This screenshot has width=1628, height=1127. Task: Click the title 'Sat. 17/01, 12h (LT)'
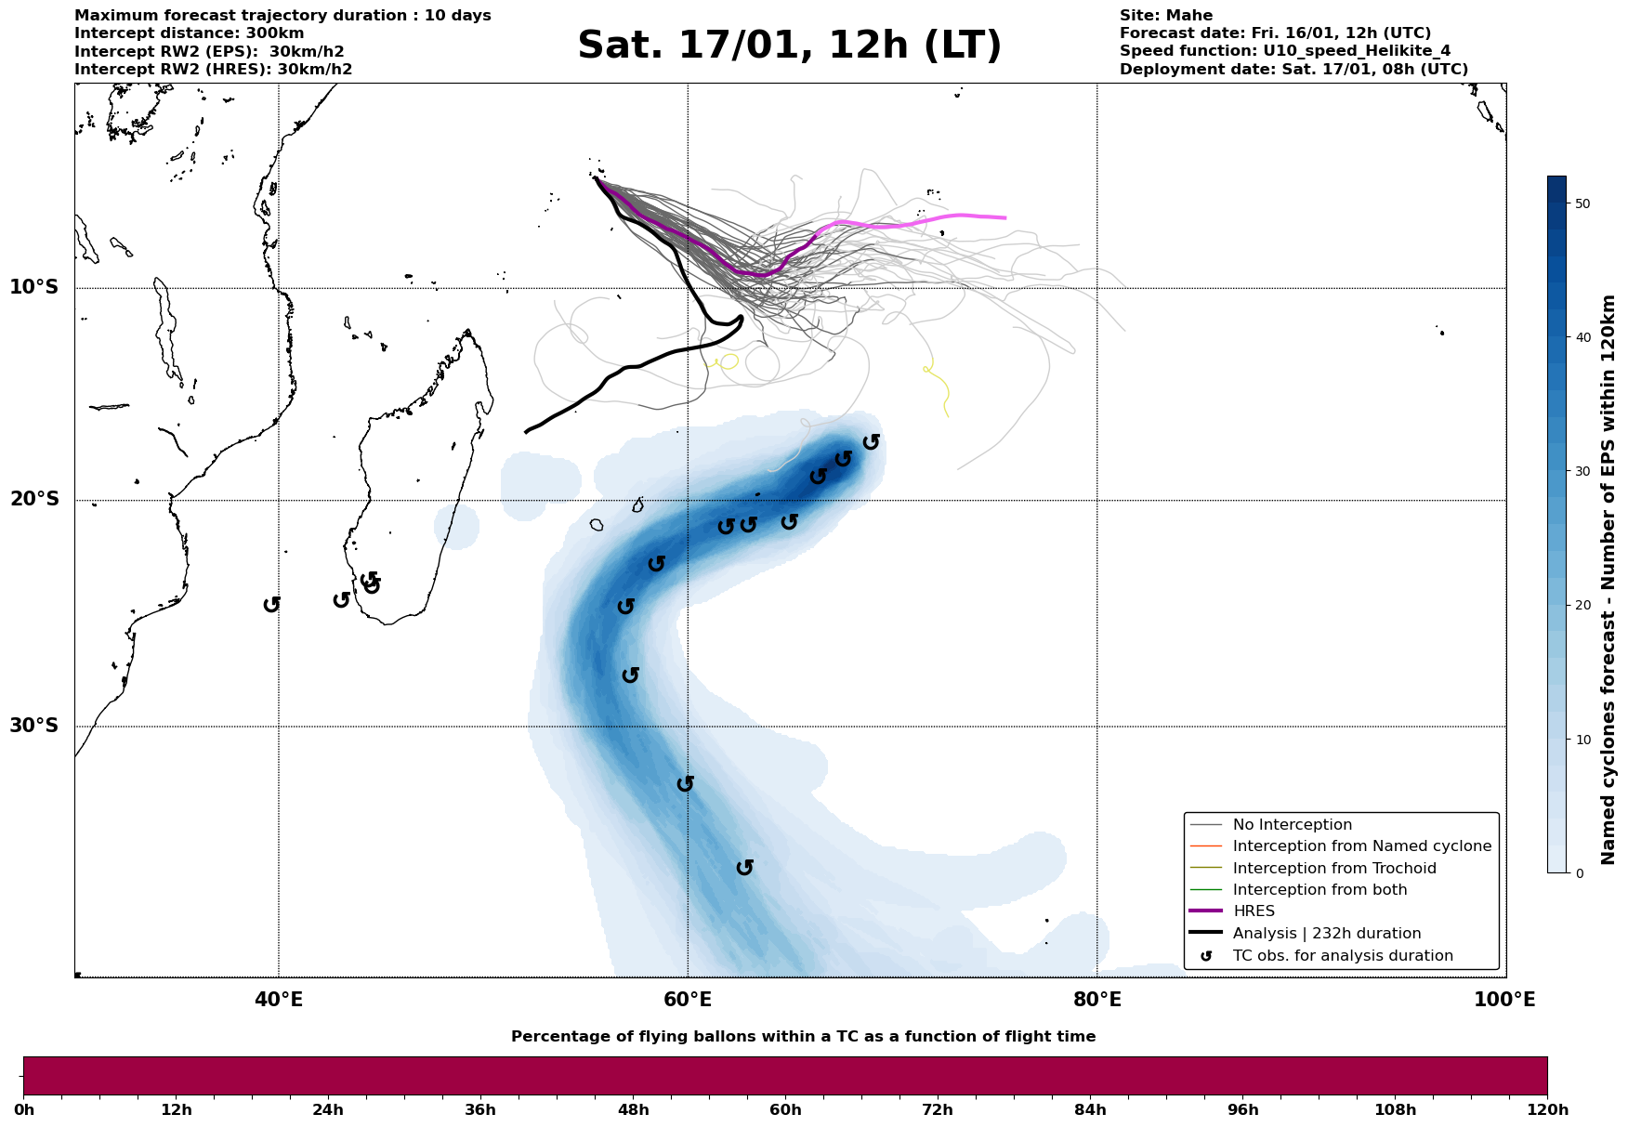pyautogui.click(x=789, y=46)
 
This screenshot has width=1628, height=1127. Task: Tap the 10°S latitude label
pyautogui.click(x=34, y=287)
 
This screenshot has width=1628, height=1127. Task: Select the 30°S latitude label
pyautogui.click(x=34, y=726)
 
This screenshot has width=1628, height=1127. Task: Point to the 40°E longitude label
pyautogui.click(x=279, y=1000)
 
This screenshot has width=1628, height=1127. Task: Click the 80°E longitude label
pyautogui.click(x=1096, y=1000)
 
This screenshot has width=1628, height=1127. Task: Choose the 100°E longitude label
pyautogui.click(x=1504, y=1000)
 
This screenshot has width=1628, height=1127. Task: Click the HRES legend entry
pyautogui.click(x=1254, y=911)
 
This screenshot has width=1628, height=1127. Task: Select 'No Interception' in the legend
pyautogui.click(x=1292, y=825)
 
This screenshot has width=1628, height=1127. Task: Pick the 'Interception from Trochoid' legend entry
pyautogui.click(x=1333, y=869)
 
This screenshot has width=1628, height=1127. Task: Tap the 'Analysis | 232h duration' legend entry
pyautogui.click(x=1326, y=934)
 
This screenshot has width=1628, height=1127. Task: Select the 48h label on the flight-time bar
pyautogui.click(x=633, y=1110)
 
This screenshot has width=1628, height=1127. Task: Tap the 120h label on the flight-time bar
pyautogui.click(x=1547, y=1110)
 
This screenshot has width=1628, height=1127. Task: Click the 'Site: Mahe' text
pyautogui.click(x=1165, y=16)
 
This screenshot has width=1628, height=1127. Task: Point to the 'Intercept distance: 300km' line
pyautogui.click(x=189, y=33)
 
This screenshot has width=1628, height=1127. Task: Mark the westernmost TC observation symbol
pyautogui.click(x=271, y=605)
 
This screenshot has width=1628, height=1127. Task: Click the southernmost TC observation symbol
pyautogui.click(x=744, y=868)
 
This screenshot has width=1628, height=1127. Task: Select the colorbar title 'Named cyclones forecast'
pyautogui.click(x=1608, y=580)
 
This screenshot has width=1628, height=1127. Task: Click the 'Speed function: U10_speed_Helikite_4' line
pyautogui.click(x=1284, y=51)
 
